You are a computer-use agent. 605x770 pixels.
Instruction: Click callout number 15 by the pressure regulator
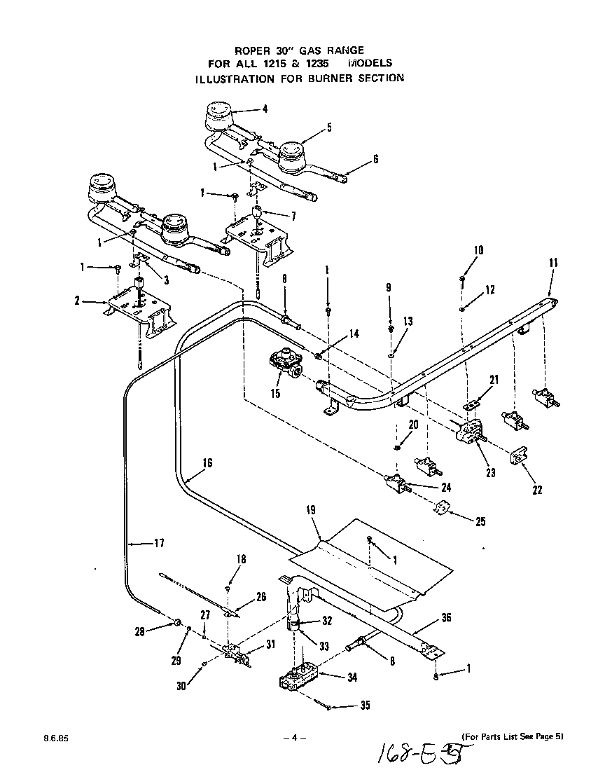click(x=275, y=394)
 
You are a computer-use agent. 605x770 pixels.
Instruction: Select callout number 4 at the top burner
click(x=265, y=109)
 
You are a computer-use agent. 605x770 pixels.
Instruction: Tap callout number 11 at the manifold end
click(x=553, y=263)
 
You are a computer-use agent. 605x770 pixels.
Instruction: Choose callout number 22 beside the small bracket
click(x=537, y=490)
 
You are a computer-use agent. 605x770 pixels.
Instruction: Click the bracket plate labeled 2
click(x=137, y=305)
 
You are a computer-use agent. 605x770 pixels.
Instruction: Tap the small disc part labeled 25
click(x=441, y=509)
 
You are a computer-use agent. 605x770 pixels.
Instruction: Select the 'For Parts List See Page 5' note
click(x=512, y=736)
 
